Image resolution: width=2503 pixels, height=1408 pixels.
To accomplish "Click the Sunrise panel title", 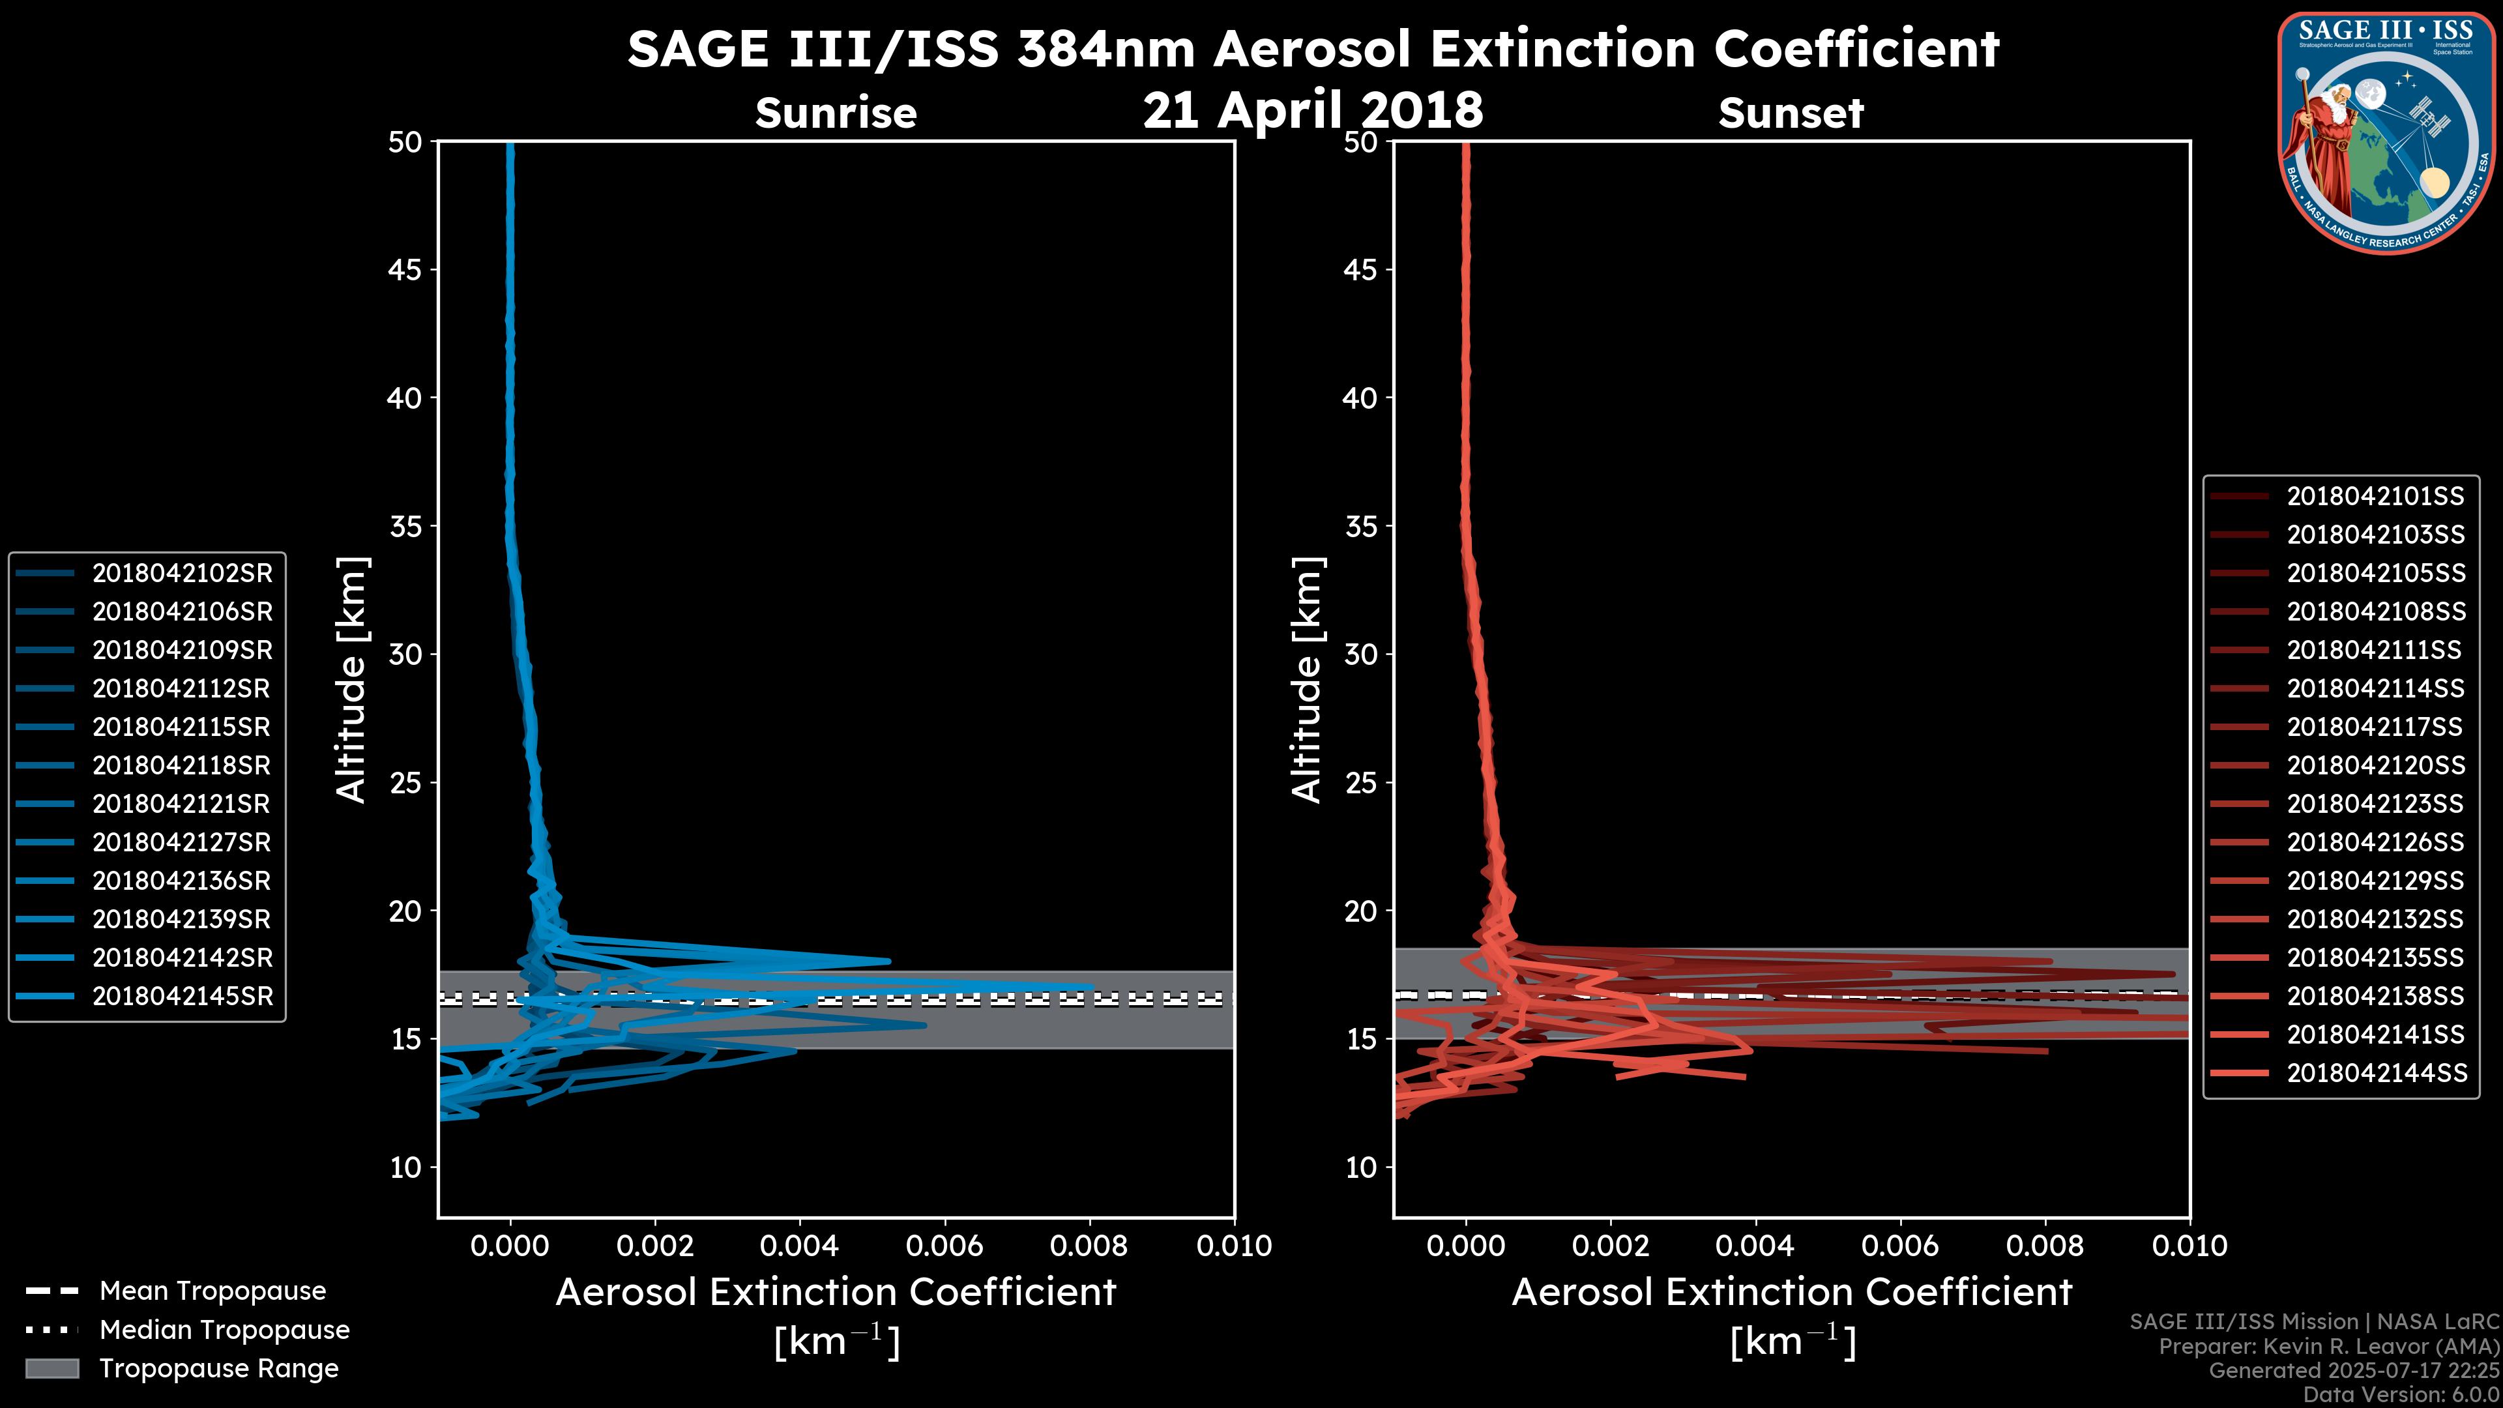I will pyautogui.click(x=836, y=113).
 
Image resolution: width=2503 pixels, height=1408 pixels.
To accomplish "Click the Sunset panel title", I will pyautogui.click(x=1791, y=113).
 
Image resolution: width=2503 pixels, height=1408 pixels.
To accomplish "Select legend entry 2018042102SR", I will pyautogui.click(x=182, y=574).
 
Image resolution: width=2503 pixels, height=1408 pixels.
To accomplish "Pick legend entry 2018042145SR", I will pyautogui.click(x=182, y=996).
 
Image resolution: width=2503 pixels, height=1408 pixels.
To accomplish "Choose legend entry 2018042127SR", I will pyautogui.click(x=182, y=842).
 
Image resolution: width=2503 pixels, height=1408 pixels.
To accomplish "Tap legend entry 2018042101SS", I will pyautogui.click(x=2375, y=497).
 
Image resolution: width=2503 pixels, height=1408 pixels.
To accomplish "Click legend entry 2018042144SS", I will pyautogui.click(x=2375, y=1073).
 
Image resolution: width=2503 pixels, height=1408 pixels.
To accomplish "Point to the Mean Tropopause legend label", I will pyautogui.click(x=212, y=1291).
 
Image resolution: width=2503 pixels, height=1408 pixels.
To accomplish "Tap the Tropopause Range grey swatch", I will pyautogui.click(x=51, y=1368).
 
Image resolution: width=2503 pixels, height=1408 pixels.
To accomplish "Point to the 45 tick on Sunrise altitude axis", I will pyautogui.click(x=405, y=270).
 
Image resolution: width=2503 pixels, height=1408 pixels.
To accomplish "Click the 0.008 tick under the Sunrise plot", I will pyautogui.click(x=1089, y=1246).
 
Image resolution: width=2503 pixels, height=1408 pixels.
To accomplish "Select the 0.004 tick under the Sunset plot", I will pyautogui.click(x=1755, y=1246).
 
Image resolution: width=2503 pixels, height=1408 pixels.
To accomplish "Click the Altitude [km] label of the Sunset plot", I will pyautogui.click(x=1307, y=680).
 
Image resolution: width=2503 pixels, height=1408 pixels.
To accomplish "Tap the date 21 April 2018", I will pyautogui.click(x=1313, y=110).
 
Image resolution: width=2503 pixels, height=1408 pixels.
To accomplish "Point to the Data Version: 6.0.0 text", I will pyautogui.click(x=2402, y=1396).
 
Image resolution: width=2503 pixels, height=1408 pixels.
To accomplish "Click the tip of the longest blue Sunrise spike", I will pyautogui.click(x=1091, y=986).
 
